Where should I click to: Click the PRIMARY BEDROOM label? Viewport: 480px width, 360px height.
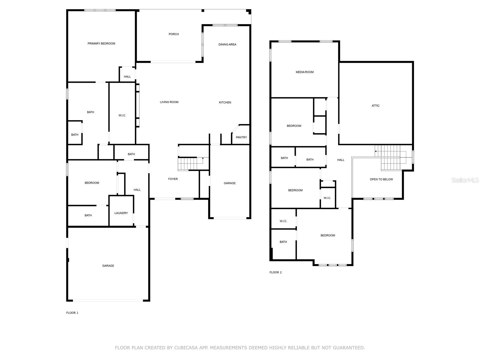tap(101, 43)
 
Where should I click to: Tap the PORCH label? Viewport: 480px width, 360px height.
tap(173, 34)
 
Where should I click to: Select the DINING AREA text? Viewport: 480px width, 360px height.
tap(227, 44)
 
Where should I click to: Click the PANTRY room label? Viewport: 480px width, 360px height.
tap(241, 137)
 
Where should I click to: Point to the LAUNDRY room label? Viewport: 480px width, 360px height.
tap(121, 213)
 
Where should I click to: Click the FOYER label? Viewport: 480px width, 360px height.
tap(173, 179)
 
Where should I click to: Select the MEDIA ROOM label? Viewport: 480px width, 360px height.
tap(304, 72)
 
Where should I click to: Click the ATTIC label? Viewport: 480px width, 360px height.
tap(375, 106)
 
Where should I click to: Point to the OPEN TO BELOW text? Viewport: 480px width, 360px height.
tap(381, 179)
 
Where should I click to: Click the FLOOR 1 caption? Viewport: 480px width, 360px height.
tap(72, 313)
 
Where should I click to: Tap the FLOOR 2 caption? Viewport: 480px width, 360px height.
tap(275, 272)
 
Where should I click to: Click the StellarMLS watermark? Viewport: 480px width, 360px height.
tap(465, 180)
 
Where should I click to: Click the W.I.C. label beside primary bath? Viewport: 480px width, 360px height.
tap(122, 115)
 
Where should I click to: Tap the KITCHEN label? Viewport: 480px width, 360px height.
tap(225, 103)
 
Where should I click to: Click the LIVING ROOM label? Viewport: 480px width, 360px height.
tap(169, 102)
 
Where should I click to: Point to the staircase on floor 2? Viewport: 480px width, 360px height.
tap(390, 157)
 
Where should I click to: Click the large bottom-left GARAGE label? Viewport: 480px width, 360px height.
tap(108, 266)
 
